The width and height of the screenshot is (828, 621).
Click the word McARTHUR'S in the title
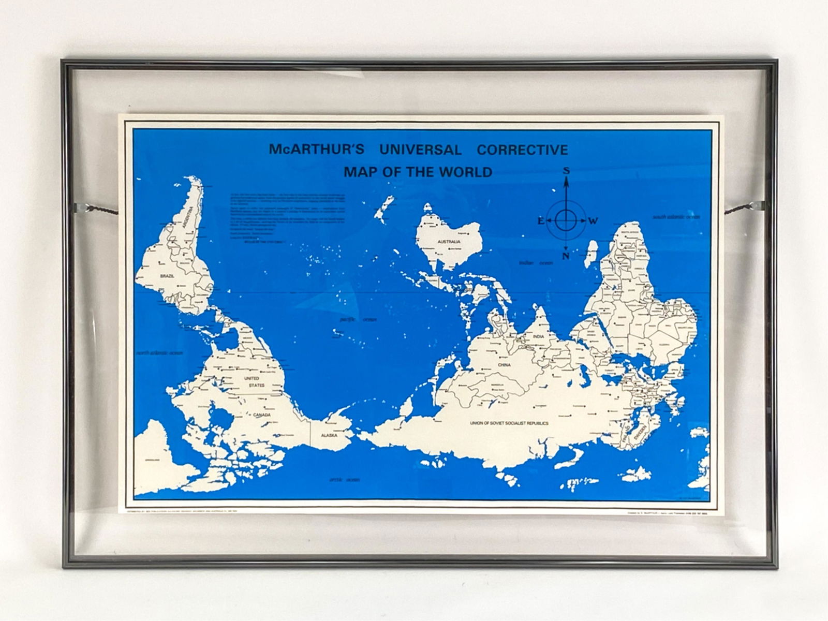point(316,150)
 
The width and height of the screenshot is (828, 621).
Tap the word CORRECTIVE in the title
point(522,150)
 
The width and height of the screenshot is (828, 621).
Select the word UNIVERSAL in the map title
point(420,150)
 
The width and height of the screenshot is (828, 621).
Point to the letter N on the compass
point(566,256)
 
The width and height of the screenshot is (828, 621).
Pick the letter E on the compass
point(540,221)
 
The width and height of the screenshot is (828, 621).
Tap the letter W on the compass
point(593,221)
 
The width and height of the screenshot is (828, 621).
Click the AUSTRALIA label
point(449,242)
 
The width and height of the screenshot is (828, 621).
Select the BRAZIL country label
point(168,277)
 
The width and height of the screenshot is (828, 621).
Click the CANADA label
point(262,415)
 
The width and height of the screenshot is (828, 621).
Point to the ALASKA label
point(329,436)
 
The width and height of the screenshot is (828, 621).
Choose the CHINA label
point(504,365)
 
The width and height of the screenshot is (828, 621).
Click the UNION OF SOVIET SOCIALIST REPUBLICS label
point(509,423)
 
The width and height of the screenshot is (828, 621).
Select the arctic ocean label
point(344,480)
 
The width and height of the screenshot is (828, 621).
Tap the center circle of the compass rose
point(566,221)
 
